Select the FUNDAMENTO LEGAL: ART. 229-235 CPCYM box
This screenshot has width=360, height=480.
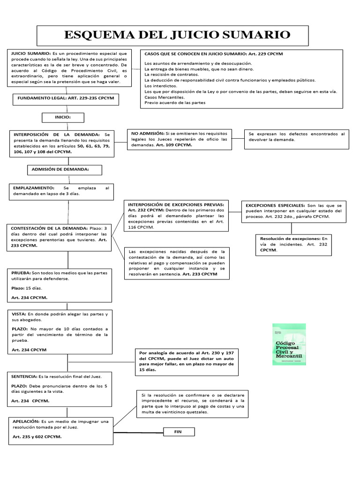point(65,99)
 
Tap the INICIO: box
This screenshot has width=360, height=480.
point(63,117)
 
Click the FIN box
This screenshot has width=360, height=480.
point(178,431)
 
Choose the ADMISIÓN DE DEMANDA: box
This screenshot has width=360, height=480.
point(65,169)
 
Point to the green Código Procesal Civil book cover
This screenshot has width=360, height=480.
point(289,344)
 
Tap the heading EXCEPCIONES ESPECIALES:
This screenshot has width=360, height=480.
point(274,205)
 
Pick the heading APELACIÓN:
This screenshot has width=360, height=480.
point(26,421)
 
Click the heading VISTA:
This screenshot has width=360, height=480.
point(19,314)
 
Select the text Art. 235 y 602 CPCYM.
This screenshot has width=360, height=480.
point(37,436)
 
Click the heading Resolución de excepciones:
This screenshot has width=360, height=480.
point(290,239)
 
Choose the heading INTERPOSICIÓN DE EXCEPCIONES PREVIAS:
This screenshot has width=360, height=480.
point(176,204)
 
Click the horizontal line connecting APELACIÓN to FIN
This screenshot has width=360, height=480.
point(138,432)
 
